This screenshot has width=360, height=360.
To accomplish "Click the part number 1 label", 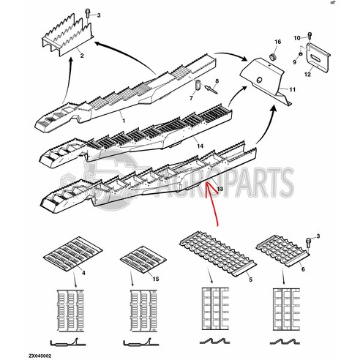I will tap(122, 119).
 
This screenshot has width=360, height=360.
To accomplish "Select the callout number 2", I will tap(82, 56).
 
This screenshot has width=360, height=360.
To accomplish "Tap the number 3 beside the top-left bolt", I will tap(101, 15).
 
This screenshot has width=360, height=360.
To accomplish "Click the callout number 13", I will tap(218, 189).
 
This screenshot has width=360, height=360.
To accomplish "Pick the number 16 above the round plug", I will tap(277, 43).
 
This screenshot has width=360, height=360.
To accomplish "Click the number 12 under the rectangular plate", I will tap(308, 75).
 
